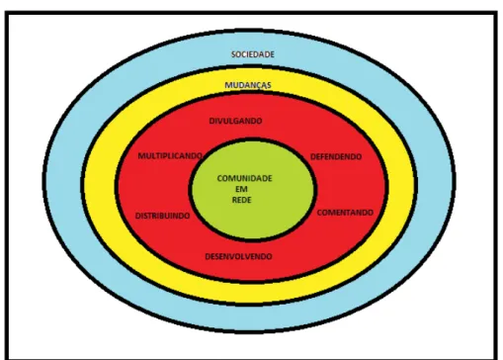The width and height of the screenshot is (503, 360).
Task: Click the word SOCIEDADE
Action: point(253,54)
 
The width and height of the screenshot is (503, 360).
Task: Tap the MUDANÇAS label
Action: point(248,85)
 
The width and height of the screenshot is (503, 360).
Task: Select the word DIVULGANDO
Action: point(236,121)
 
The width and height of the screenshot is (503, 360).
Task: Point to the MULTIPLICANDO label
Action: point(170,156)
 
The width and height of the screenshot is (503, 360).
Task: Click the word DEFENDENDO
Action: point(336,156)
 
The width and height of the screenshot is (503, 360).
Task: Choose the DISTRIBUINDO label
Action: point(163,216)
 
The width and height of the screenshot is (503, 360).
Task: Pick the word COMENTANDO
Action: point(345,213)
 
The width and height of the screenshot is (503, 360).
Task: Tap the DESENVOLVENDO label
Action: point(239,256)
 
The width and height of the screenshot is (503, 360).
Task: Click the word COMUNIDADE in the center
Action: point(245,178)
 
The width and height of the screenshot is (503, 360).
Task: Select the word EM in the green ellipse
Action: point(241,189)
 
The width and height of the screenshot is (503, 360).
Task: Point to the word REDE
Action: point(242,200)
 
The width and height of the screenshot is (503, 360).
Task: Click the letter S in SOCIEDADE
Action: point(233,54)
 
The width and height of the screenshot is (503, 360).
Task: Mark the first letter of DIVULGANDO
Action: point(212,121)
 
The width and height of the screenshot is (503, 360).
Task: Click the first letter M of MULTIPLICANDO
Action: point(141,156)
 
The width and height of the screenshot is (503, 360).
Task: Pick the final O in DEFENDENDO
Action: point(359,156)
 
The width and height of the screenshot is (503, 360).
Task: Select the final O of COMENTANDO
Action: point(371,213)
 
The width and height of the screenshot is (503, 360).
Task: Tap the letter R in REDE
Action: point(234,200)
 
